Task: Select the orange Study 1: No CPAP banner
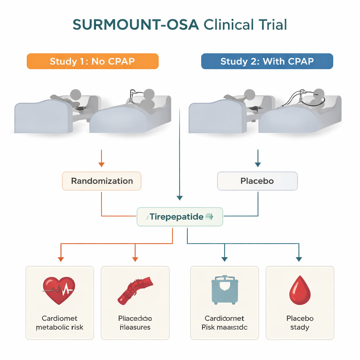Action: coord(92,61)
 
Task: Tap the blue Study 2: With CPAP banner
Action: coord(267,61)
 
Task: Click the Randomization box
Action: coord(102,181)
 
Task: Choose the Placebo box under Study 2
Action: coord(257,181)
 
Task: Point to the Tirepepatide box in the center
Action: coord(180,217)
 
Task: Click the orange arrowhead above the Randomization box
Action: coord(102,164)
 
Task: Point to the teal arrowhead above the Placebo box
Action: coord(258,164)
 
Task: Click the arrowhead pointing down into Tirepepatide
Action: coord(180,198)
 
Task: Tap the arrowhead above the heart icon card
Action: coord(61,259)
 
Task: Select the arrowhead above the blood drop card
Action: coord(299,259)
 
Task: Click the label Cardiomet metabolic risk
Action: coord(59,323)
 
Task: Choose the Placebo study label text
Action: coord(300,323)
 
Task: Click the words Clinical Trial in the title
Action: coord(245,25)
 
